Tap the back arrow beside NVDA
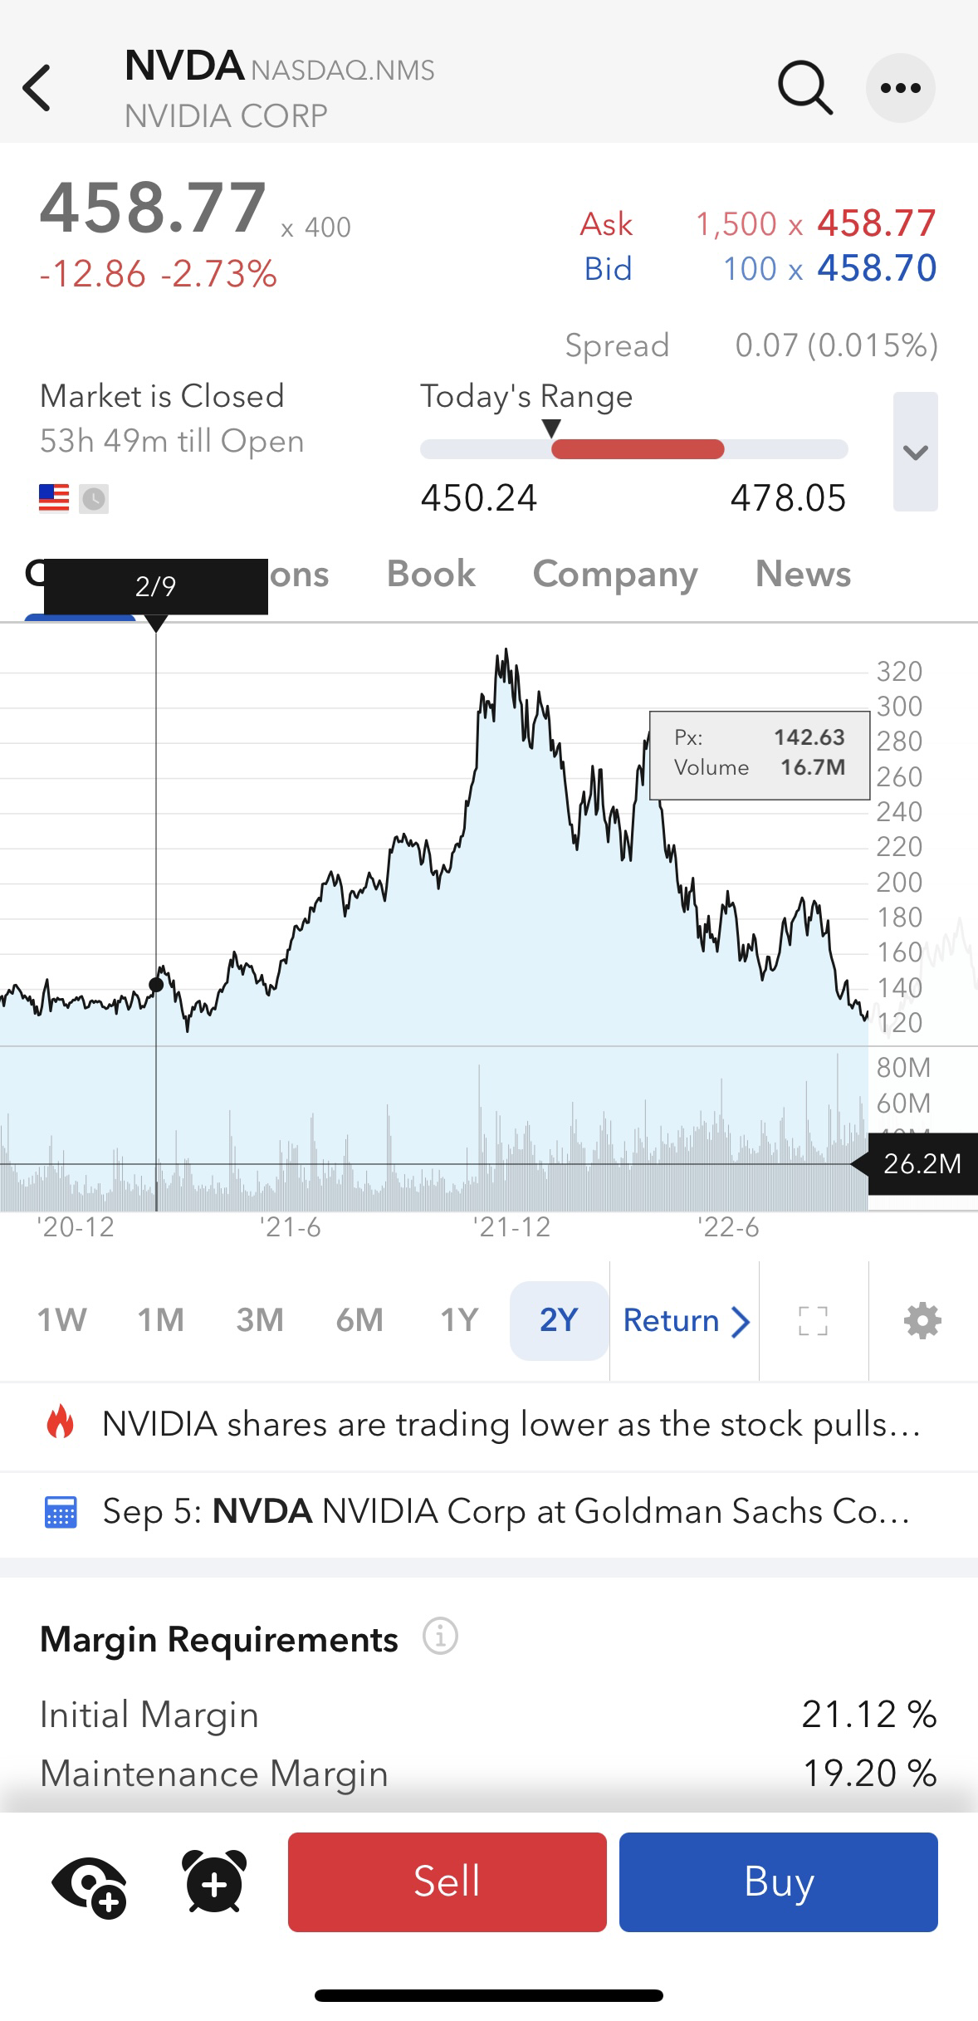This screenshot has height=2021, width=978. pos(37,88)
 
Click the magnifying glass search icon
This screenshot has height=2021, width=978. pos(804,87)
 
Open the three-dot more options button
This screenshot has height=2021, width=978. pos(900,88)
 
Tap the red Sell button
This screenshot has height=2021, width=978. pos(447,1882)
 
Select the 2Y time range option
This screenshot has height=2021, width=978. pos(559,1320)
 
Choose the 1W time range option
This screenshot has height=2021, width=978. pos(61,1320)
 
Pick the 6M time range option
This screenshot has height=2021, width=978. pos(359,1320)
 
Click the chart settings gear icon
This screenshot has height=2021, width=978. pos(922,1320)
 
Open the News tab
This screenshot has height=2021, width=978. pos(803,574)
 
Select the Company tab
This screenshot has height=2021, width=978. pos(615,574)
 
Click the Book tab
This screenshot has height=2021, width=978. pos(431,574)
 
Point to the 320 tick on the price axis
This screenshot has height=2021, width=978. pos(899,672)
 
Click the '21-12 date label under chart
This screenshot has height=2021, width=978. pos(511,1227)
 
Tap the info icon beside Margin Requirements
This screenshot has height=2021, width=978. pos(440,1637)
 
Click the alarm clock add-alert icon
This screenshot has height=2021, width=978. pos(214,1882)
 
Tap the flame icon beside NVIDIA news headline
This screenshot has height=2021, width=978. pos(61,1423)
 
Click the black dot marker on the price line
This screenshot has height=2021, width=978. pos(156,985)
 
